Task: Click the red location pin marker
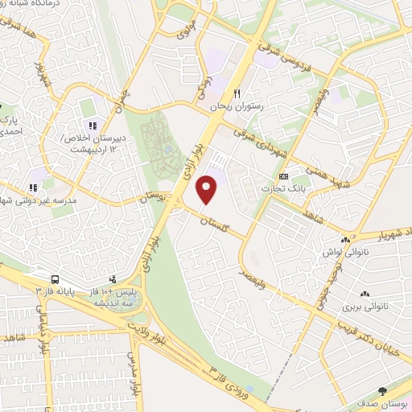click(208, 190)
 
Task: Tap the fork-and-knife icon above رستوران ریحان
click(237, 94)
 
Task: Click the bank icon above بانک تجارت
click(282, 175)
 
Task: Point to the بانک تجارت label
click(282, 187)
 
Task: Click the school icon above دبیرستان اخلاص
click(93, 126)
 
